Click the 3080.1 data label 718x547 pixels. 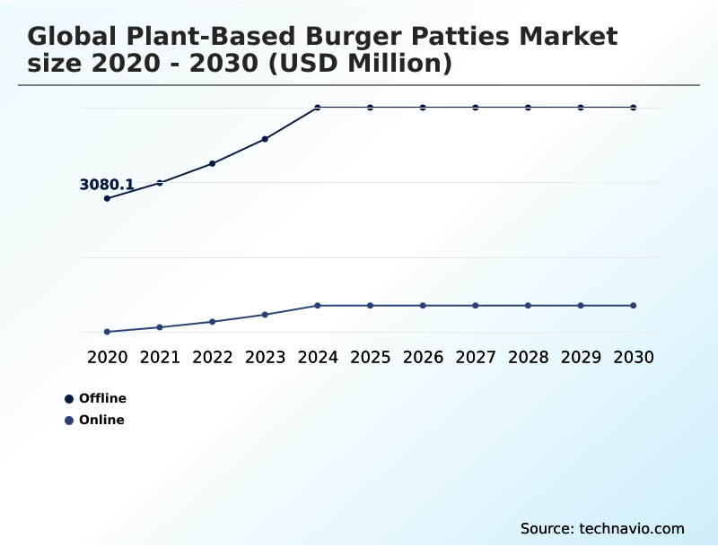click(x=107, y=185)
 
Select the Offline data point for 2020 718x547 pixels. click(x=108, y=198)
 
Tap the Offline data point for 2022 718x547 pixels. click(x=213, y=163)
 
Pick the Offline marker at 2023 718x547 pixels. click(x=265, y=139)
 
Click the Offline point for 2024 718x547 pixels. click(x=318, y=108)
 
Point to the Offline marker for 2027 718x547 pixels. click(x=476, y=108)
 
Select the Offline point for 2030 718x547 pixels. click(x=634, y=108)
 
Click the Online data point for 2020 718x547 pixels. click(x=108, y=332)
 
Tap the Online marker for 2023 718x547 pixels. click(x=265, y=315)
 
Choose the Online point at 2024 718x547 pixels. click(x=318, y=306)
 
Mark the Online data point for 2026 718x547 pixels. click(x=423, y=306)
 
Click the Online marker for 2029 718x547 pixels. click(x=581, y=306)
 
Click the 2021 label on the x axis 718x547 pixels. click(x=160, y=357)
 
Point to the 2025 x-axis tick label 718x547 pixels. click(x=370, y=357)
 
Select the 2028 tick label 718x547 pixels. click(x=528, y=357)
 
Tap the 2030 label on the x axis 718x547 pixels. click(x=634, y=357)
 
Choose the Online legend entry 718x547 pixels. click(x=101, y=420)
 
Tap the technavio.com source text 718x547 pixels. click(x=632, y=528)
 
